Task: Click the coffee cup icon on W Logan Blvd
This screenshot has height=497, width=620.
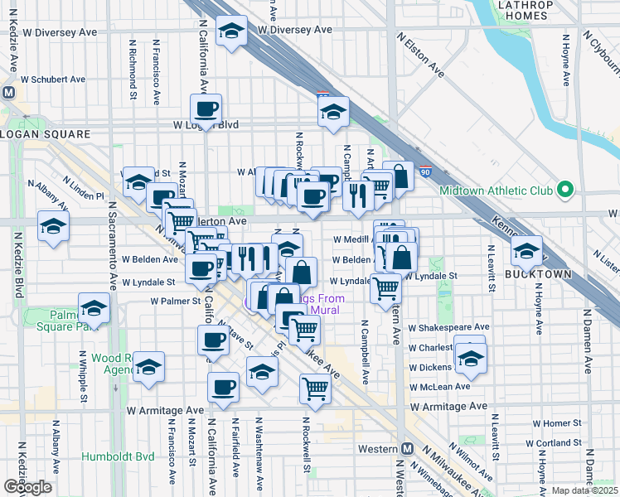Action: coord(206,108)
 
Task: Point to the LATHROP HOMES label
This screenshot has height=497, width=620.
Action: coord(521,10)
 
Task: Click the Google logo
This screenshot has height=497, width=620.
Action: coord(27,487)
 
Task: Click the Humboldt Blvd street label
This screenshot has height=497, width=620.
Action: coord(119,456)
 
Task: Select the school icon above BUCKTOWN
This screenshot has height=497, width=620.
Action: coord(526,249)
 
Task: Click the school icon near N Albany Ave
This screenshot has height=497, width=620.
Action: coord(53,225)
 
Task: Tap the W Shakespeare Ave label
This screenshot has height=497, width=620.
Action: coord(449,327)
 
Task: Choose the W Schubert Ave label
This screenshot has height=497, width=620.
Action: coord(53,80)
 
